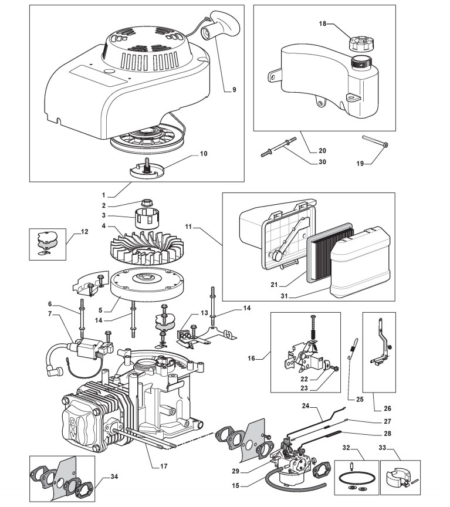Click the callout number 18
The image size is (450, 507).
click(322, 25)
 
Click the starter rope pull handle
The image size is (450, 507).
click(222, 23)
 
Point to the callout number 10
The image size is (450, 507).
click(204, 154)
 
